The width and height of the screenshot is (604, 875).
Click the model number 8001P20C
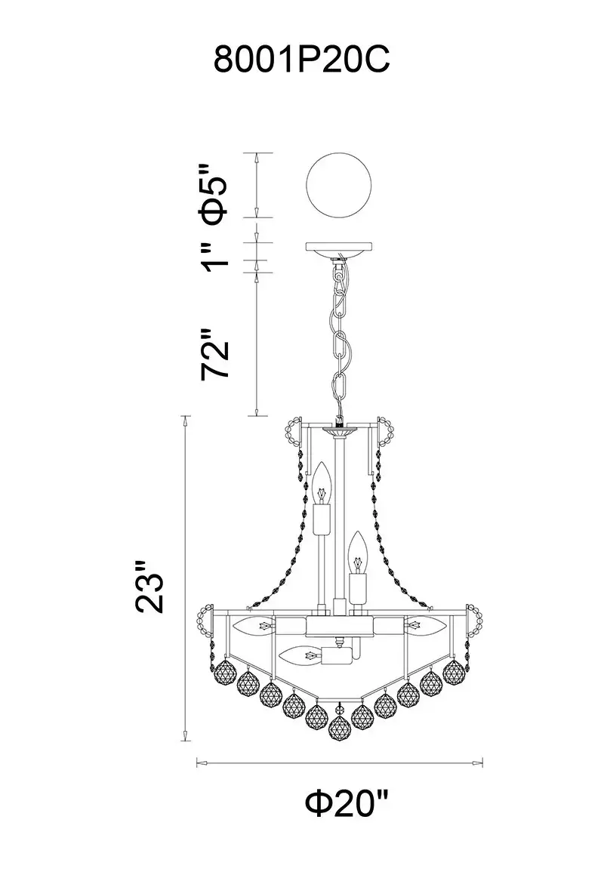click(x=302, y=60)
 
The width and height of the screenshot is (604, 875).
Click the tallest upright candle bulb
click(x=321, y=485)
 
